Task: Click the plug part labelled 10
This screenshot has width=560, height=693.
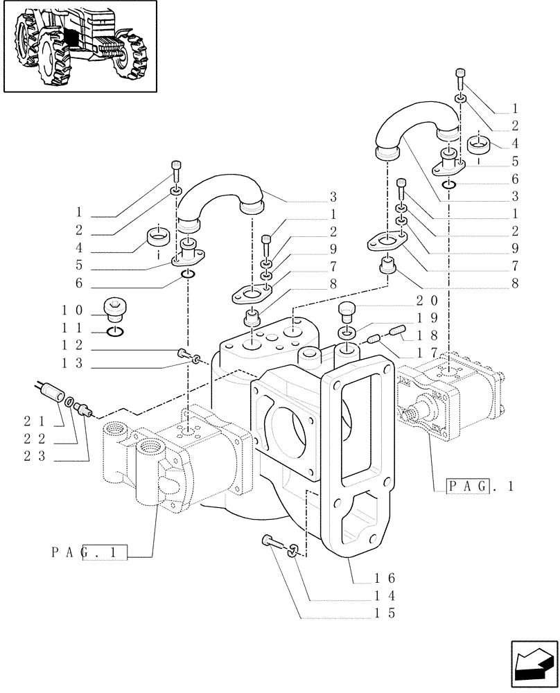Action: pos(115,307)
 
